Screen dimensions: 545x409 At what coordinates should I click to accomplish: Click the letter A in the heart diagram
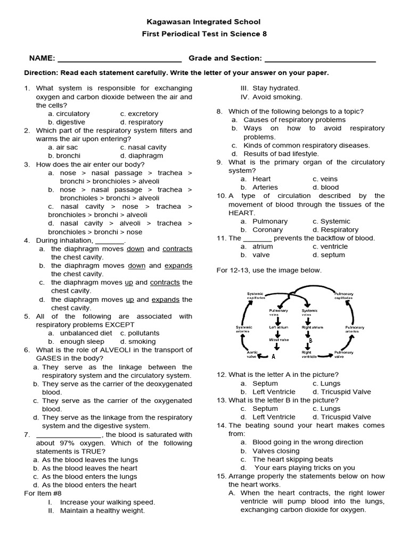point(273,357)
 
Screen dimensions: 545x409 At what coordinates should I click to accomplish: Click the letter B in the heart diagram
point(310,341)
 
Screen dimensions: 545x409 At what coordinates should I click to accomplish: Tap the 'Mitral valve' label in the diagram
point(279,339)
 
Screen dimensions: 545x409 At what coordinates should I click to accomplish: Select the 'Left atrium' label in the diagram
point(279,327)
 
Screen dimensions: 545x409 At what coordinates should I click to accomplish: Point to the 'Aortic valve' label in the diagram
point(252,354)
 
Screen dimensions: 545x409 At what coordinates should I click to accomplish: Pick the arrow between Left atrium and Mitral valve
point(279,333)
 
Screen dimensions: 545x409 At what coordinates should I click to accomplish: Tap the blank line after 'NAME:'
point(119,59)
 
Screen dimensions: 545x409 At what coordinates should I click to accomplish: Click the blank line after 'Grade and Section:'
point(320,59)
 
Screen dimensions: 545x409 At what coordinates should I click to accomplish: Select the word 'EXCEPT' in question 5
point(120,325)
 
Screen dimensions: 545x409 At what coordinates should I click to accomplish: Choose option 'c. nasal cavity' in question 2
point(143,147)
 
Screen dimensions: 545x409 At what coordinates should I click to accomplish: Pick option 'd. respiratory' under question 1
point(142,122)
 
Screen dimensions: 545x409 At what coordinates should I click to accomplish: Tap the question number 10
point(221,196)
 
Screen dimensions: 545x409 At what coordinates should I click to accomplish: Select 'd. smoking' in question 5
point(138,342)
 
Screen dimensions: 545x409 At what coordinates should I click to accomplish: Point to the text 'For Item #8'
point(43,493)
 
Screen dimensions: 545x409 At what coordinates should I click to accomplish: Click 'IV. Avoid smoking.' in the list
point(271,97)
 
